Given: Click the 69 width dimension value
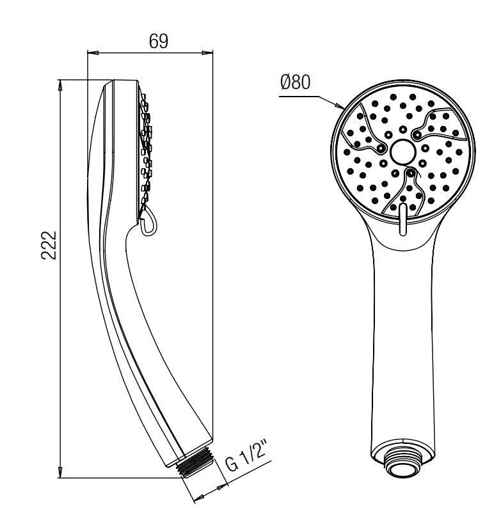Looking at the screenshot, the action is tap(159, 41).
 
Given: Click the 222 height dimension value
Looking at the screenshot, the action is tap(49, 246).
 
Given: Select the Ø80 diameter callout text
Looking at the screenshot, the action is tap(296, 82).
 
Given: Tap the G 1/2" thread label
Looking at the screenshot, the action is tap(246, 456).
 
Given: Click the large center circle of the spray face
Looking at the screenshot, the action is tap(403, 152).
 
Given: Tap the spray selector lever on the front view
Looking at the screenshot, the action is tap(403, 219).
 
